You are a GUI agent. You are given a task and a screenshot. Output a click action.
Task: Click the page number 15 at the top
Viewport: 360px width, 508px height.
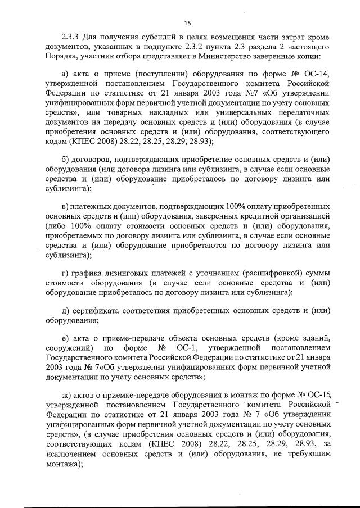[187, 23]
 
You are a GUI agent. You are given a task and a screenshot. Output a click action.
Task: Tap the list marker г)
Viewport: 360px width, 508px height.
[66, 273]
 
